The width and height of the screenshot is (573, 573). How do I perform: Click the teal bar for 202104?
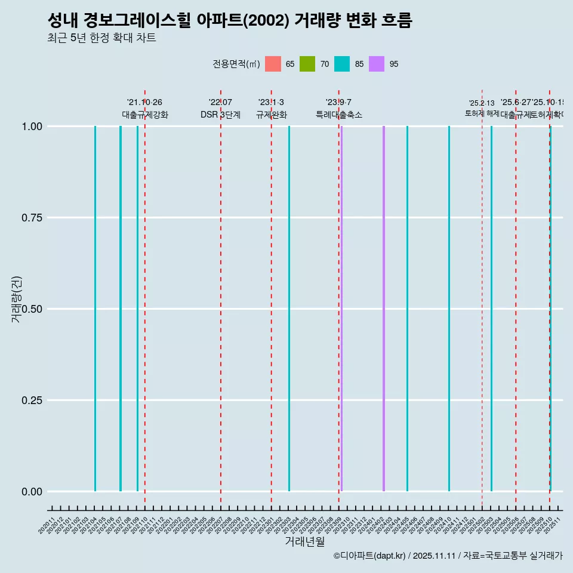click(x=95, y=309)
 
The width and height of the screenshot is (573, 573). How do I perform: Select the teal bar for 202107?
click(x=121, y=309)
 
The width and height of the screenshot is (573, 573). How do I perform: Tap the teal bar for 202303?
click(x=289, y=309)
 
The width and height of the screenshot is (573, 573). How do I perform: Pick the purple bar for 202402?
click(x=383, y=309)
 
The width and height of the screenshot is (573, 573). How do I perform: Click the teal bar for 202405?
click(x=407, y=309)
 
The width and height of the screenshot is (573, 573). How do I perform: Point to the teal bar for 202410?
click(x=449, y=309)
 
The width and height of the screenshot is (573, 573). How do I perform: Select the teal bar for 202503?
click(x=491, y=309)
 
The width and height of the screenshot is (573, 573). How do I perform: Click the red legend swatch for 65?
click(x=273, y=64)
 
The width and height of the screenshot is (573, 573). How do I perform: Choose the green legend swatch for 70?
click(x=307, y=64)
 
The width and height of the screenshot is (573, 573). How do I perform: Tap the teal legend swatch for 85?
click(x=342, y=64)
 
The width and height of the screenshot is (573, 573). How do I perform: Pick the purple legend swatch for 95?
click(x=377, y=64)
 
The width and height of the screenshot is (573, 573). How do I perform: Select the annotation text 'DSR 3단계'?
click(x=220, y=115)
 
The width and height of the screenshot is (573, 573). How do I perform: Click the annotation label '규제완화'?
click(x=271, y=115)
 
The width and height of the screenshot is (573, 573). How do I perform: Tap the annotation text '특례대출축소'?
click(x=339, y=115)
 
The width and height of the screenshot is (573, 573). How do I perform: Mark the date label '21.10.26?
click(x=144, y=102)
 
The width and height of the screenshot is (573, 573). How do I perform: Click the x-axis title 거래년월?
click(x=304, y=541)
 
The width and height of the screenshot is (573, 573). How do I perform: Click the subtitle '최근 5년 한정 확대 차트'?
click(x=101, y=38)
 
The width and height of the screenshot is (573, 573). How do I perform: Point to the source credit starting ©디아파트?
click(x=448, y=556)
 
